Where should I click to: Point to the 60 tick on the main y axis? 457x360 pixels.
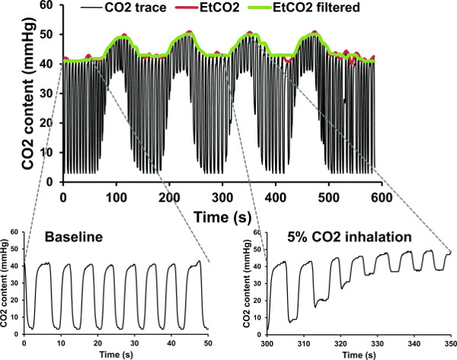pos(50,6)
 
